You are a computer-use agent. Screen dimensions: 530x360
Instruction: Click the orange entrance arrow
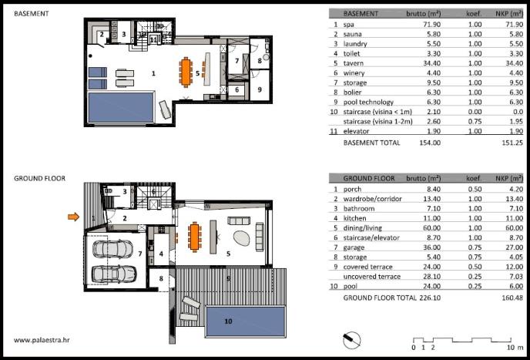(x=73, y=217)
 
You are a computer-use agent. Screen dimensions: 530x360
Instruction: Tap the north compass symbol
(x=351, y=339)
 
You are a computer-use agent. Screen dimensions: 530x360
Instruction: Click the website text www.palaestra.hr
(x=42, y=340)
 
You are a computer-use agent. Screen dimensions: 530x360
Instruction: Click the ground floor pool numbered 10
(x=246, y=321)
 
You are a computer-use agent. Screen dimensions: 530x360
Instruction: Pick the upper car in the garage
(x=112, y=249)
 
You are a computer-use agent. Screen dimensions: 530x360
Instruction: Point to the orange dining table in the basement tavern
(x=186, y=72)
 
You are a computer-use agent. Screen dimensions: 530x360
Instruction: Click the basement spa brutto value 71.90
(x=431, y=25)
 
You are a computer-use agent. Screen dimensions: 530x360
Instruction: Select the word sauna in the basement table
(x=353, y=34)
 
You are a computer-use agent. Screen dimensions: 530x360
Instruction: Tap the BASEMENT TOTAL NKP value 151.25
(x=512, y=143)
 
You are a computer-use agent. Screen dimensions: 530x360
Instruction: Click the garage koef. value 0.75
(x=475, y=247)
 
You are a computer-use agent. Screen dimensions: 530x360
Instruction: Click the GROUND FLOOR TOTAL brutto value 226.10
(x=430, y=298)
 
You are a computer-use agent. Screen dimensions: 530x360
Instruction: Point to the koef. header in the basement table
(x=474, y=14)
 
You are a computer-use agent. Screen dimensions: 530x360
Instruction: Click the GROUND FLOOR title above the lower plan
(x=39, y=178)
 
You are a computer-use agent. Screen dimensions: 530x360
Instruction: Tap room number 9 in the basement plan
(x=260, y=89)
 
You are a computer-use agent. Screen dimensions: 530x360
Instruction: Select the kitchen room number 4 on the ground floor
(x=161, y=254)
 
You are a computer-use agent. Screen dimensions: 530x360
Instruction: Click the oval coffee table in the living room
(x=241, y=238)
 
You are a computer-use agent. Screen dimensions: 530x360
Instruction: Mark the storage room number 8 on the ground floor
(x=161, y=279)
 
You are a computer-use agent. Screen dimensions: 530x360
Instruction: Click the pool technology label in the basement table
(x=368, y=103)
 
